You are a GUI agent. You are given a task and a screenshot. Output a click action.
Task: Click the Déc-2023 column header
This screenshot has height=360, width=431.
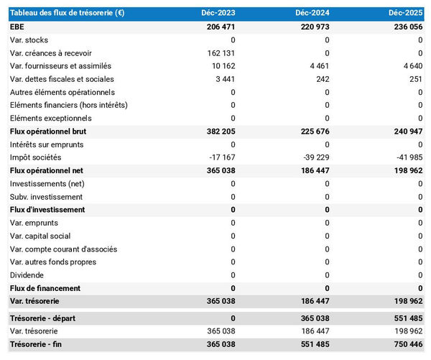pyautogui.click(x=218, y=13)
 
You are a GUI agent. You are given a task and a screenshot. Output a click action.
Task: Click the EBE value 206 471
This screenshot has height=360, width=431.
pyautogui.click(x=218, y=27)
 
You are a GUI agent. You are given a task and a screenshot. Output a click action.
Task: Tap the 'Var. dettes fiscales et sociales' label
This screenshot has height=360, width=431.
pyautogui.click(x=62, y=79)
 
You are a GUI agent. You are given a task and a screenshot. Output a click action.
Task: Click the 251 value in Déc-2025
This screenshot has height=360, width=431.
pyautogui.click(x=415, y=79)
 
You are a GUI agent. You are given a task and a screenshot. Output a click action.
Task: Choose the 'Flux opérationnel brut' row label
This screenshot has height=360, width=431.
pyautogui.click(x=49, y=131)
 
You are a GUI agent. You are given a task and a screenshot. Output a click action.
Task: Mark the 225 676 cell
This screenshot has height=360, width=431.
pyautogui.click(x=312, y=131)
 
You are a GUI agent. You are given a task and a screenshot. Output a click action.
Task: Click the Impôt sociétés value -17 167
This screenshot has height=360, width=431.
pyautogui.click(x=220, y=157)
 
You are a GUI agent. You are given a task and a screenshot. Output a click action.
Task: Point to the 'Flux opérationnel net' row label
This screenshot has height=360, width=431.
pyautogui.click(x=47, y=171)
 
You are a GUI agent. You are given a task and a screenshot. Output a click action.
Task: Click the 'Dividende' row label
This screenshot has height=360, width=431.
pyautogui.click(x=27, y=275)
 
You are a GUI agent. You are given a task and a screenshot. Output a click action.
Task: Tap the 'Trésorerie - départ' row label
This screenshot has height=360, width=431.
pyautogui.click(x=43, y=318)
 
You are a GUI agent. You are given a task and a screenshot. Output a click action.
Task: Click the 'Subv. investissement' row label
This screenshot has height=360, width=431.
pyautogui.click(x=46, y=197)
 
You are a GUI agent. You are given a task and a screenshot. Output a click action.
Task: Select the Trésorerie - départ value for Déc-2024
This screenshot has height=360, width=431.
pyautogui.click(x=312, y=318)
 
